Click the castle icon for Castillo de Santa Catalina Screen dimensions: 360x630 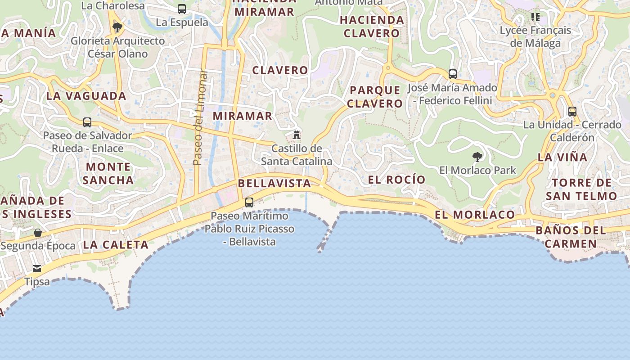click(x=297, y=135)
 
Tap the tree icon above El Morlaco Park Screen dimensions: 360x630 click(x=477, y=157)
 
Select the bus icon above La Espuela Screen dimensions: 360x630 click(x=182, y=9)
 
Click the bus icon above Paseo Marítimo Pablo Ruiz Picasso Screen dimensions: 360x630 click(x=249, y=202)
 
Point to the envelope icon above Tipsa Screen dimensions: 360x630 click(x=37, y=269)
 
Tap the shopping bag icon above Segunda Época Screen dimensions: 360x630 click(x=38, y=233)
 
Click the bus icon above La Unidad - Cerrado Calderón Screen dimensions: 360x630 click(x=572, y=111)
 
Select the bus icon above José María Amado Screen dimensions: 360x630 click(x=453, y=74)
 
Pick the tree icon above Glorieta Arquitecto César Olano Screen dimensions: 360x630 click(x=117, y=27)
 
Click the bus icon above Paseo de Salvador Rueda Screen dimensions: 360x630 click(x=87, y=122)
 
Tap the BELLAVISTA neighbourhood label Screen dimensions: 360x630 click(x=274, y=184)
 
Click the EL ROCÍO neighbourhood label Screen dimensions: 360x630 click(x=396, y=180)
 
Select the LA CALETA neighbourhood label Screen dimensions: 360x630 click(x=116, y=245)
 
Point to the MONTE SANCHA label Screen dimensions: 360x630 click(x=108, y=174)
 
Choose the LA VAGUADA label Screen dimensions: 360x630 click(x=86, y=96)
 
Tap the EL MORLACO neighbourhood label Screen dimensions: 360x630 click(x=475, y=215)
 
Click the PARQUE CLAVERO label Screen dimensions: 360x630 click(x=375, y=97)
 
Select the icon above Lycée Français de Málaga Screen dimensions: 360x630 click(x=535, y=17)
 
